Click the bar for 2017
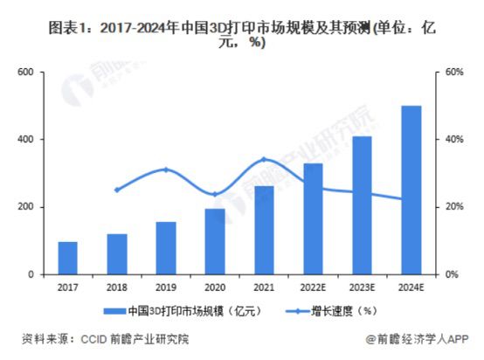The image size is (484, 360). point(68,259)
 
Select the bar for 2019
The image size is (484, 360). point(166,248)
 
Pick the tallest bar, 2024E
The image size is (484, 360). point(411,190)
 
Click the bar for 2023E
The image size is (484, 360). point(362,205)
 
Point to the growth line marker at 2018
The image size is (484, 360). point(117,190)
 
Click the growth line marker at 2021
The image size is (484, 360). point(264,160)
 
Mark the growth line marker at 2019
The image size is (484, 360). point(166,170)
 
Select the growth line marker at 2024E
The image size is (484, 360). point(411,199)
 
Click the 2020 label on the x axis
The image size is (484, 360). point(215,287)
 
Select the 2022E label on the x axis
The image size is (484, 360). point(313,287)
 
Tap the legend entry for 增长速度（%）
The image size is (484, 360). point(336,310)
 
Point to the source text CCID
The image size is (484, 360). point(90,340)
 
